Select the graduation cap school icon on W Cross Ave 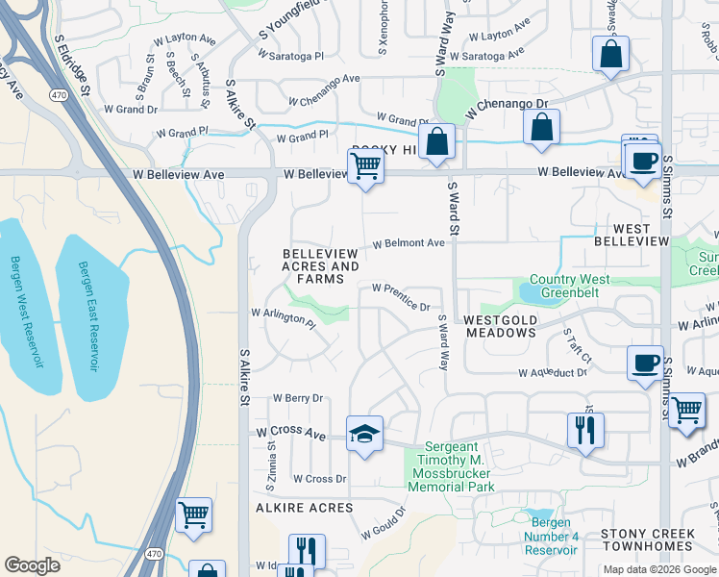tap(364, 435)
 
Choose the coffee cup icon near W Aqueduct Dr tap(644, 364)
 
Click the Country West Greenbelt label tap(569, 287)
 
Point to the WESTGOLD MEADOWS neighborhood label tap(500, 325)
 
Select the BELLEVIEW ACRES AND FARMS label tap(320, 266)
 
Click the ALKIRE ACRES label tap(304, 507)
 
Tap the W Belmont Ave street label tap(409, 243)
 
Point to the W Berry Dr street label tap(298, 397)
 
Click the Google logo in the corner tap(33, 565)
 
